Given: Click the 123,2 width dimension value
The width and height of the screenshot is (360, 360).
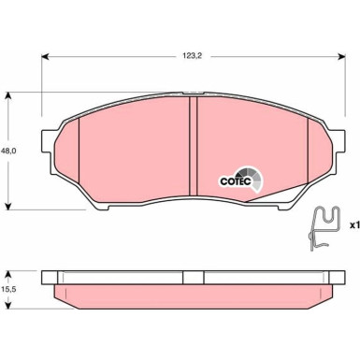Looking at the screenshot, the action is (x=193, y=56).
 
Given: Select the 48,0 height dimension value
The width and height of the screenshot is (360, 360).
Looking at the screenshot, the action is (x=10, y=151).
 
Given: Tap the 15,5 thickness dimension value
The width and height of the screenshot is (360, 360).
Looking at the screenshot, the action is (x=10, y=289).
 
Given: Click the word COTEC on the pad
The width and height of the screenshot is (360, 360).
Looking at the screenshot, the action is (x=235, y=181).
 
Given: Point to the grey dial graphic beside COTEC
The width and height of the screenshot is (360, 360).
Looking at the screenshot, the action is (x=251, y=178).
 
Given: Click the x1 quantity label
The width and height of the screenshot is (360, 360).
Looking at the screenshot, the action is (x=354, y=224).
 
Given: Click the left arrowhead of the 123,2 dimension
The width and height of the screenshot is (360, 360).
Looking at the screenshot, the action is (x=46, y=56).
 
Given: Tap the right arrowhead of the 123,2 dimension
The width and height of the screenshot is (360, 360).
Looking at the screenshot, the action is (x=341, y=56).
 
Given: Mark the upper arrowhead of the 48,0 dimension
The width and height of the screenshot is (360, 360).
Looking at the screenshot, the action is (x=8, y=95).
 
